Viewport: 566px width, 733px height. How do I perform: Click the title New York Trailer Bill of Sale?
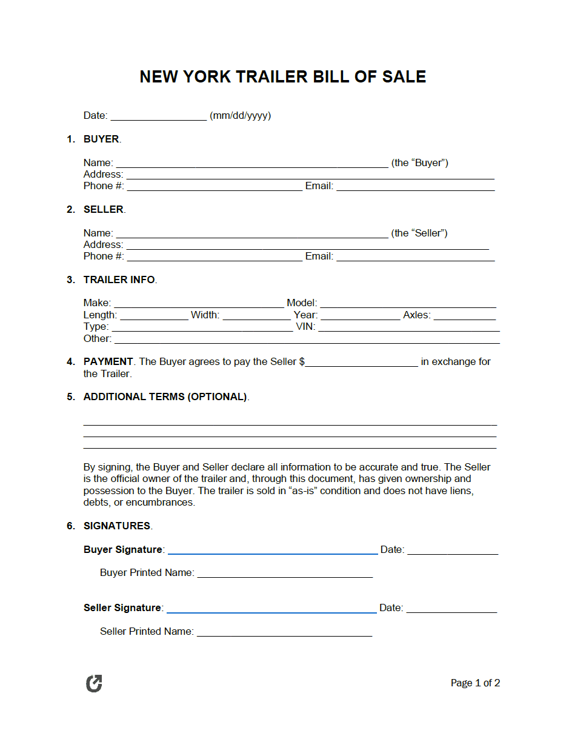click(x=282, y=76)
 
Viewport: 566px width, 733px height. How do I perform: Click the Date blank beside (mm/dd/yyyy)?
click(x=159, y=116)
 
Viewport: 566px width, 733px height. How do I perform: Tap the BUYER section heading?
click(x=101, y=139)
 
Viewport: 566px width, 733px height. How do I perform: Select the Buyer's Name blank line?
click(x=251, y=163)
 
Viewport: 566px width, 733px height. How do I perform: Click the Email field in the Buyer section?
click(x=415, y=187)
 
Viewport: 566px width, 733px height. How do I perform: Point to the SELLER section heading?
click(x=104, y=209)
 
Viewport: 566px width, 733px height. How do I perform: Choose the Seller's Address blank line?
click(x=307, y=245)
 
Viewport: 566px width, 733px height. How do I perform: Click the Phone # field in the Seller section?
click(x=215, y=257)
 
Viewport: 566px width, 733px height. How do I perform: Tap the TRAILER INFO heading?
click(x=119, y=279)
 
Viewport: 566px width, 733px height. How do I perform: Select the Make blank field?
click(x=199, y=304)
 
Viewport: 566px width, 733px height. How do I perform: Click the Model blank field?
click(x=408, y=304)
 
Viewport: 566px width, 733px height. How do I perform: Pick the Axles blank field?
click(x=464, y=316)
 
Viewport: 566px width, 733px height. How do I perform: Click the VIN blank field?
click(x=409, y=327)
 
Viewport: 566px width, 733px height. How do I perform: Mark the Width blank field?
click(x=256, y=316)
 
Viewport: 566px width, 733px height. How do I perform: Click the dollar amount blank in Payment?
click(x=362, y=363)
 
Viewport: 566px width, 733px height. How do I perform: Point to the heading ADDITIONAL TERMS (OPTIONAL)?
click(x=165, y=397)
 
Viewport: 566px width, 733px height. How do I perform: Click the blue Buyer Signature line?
click(x=273, y=551)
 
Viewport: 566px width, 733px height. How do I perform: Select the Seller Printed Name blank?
click(x=284, y=632)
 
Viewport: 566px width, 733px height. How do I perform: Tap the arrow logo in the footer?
click(x=94, y=683)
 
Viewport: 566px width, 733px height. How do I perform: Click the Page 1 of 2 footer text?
click(x=475, y=683)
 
